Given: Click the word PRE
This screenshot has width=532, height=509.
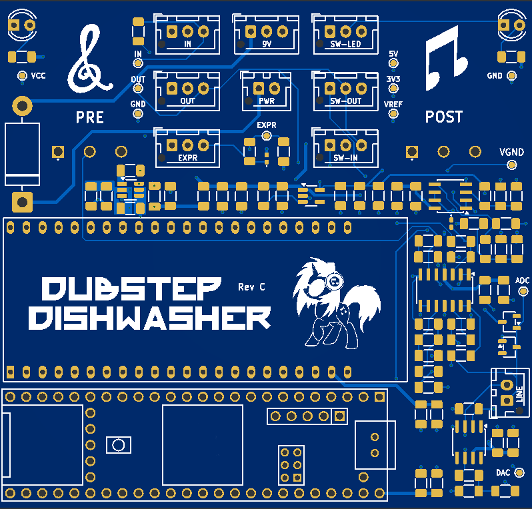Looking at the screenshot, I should [90, 118].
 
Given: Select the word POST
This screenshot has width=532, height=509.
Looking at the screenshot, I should [444, 117].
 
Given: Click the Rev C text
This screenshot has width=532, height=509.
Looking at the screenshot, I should [251, 287].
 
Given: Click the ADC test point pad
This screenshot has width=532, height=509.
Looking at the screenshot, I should [523, 292].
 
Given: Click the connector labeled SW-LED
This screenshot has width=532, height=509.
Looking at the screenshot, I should [345, 35].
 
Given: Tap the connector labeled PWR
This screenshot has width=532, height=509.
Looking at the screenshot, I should [266, 91].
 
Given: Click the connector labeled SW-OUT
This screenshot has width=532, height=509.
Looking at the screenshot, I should [345, 91].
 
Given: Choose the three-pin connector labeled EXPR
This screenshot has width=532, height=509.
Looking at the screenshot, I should [187, 148].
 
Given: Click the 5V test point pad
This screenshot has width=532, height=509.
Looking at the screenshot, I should [393, 63].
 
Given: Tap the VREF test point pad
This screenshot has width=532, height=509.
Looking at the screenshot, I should [393, 115].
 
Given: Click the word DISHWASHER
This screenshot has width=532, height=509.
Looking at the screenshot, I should [150, 318].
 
